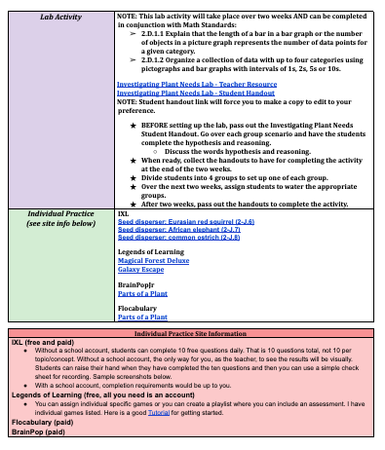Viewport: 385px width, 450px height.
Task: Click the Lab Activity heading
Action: click(58, 17)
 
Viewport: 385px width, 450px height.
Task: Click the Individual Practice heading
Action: click(59, 186)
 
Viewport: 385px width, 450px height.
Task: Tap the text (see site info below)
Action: click(59, 195)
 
